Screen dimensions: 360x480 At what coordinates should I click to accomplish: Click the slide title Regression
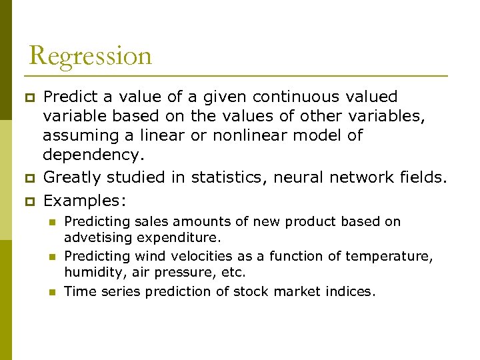click(91, 55)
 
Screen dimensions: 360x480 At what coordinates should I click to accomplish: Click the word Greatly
click(73, 178)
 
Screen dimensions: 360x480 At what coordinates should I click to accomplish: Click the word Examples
click(84, 200)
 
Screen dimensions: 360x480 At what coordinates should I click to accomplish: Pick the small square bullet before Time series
click(53, 291)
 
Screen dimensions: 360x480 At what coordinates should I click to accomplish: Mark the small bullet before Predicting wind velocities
click(53, 256)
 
